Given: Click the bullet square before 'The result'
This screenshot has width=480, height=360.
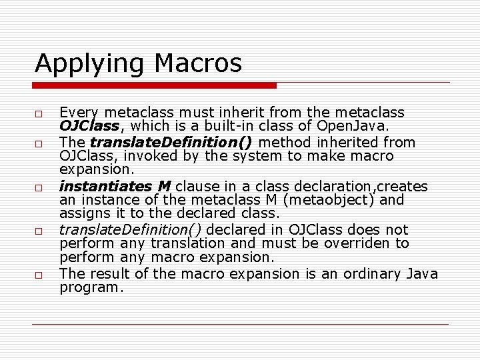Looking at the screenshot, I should click(40, 275).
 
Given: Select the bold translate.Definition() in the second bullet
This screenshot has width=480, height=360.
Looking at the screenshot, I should click(171, 142).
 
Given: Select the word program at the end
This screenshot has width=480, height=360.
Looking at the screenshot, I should click(90, 288).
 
